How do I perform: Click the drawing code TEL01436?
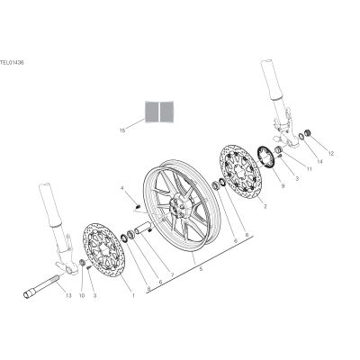pyautogui.click(x=12, y=63)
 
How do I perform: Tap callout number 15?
pyautogui.click(x=122, y=130)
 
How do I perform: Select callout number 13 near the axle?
pyautogui.click(x=68, y=295)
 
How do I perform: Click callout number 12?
pyautogui.click(x=331, y=154)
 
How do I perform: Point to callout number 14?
pyautogui.click(x=319, y=161)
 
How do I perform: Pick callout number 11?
pyautogui.click(x=309, y=169)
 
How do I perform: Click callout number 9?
pyautogui.click(x=283, y=186)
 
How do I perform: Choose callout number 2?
pyautogui.click(x=265, y=207)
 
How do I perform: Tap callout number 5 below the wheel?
pyautogui.click(x=201, y=269)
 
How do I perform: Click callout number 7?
pyautogui.click(x=173, y=274)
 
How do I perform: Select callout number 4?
pyautogui.click(x=122, y=188)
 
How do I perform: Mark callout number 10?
pyautogui.click(x=82, y=295)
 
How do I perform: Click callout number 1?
pyautogui.click(x=133, y=295)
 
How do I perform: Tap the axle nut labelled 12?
pyautogui.click(x=307, y=133)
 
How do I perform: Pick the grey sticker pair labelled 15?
pyautogui.click(x=159, y=112)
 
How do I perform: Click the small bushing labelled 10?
pyautogui.click(x=81, y=263)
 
